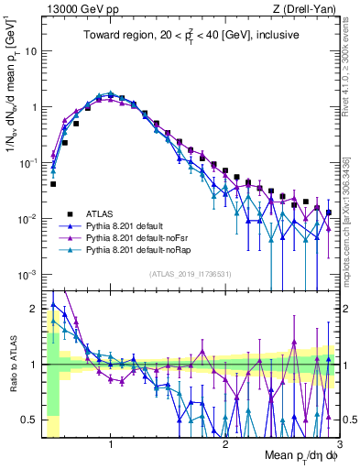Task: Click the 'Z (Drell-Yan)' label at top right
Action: coord(302,8)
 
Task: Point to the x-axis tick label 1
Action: coord(111,443)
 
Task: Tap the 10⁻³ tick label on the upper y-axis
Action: coord(30,275)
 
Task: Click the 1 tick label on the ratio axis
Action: coord(35,365)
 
